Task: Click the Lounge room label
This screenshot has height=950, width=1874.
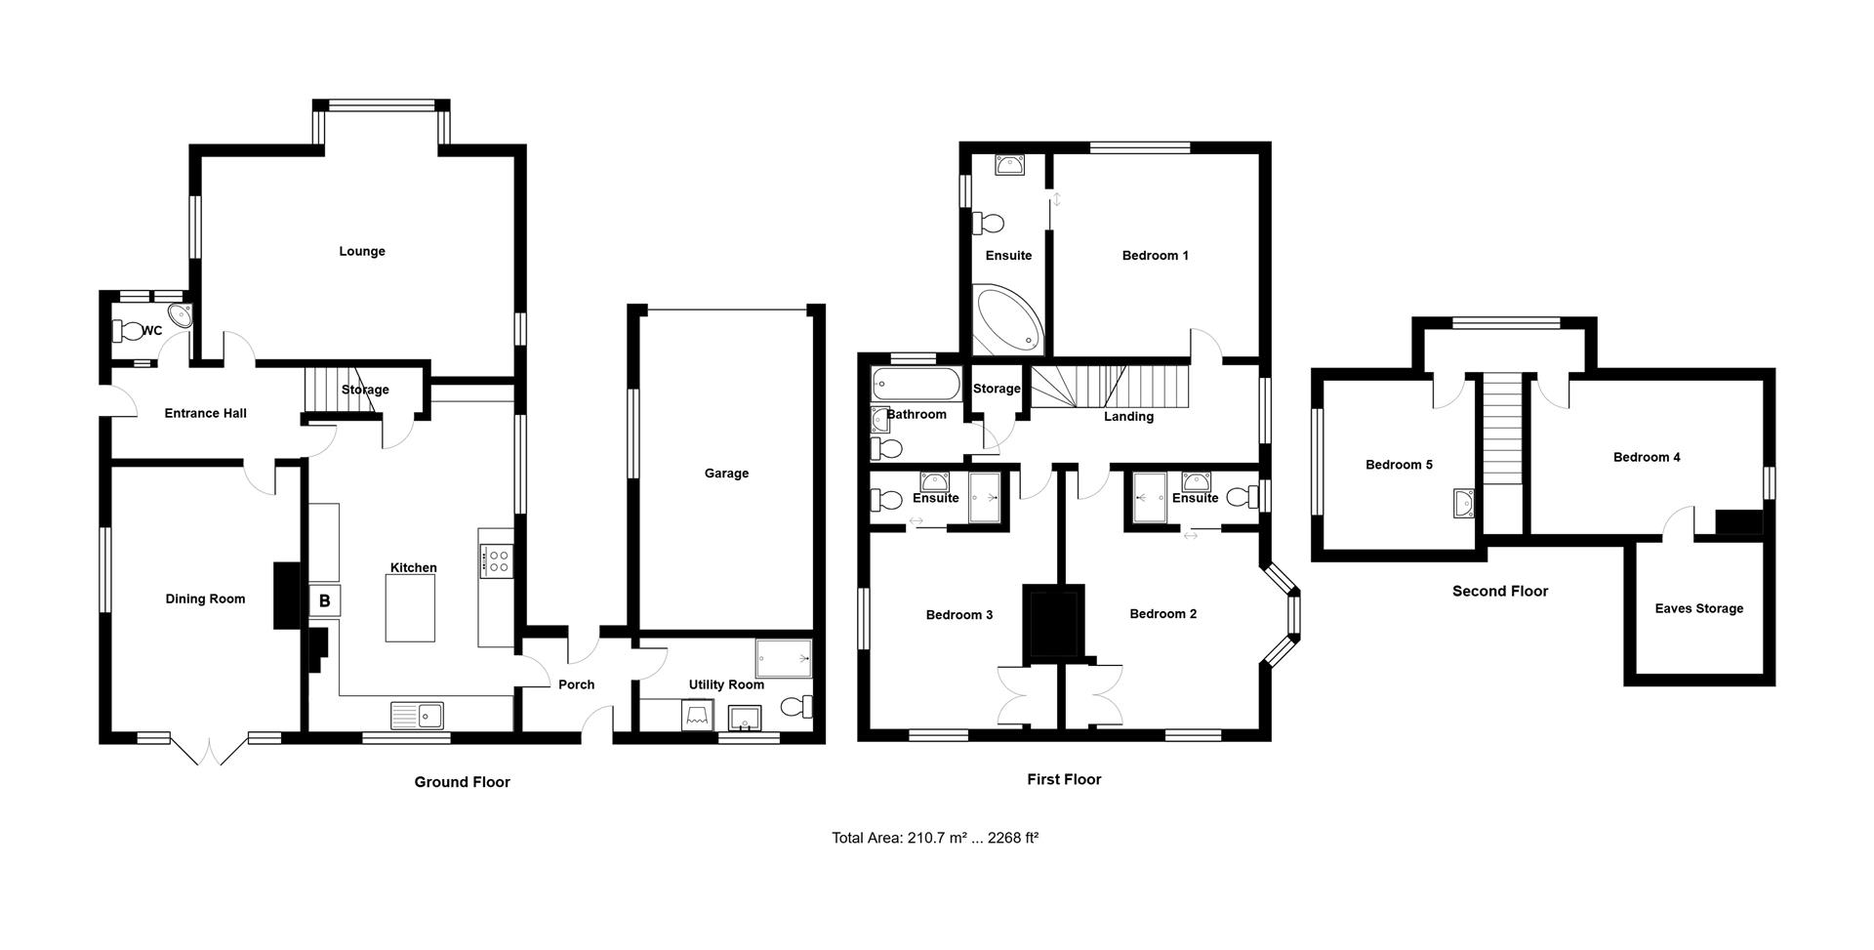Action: point(362,252)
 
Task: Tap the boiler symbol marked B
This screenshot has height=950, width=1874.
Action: point(325,601)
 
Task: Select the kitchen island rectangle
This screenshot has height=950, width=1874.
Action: point(410,608)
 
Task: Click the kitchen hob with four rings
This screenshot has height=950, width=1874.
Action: point(497,560)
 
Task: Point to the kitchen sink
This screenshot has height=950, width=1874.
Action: point(417,716)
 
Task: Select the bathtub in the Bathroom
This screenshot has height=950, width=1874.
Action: point(917,384)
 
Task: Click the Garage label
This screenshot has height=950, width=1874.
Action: point(726,474)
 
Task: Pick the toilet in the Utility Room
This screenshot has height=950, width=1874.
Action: point(796,706)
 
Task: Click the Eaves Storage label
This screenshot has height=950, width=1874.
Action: point(1699,608)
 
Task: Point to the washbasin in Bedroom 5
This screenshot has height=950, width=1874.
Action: point(1461,503)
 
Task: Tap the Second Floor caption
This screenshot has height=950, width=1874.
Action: point(1500,591)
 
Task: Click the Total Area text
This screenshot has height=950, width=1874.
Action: point(935,838)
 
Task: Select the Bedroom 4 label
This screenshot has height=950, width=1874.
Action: point(1647,457)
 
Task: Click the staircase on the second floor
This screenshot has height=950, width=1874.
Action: point(1503,429)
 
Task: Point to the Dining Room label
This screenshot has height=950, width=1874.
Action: point(205,599)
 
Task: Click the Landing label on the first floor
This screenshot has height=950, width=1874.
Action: point(1128,417)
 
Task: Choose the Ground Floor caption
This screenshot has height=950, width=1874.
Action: point(463,782)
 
